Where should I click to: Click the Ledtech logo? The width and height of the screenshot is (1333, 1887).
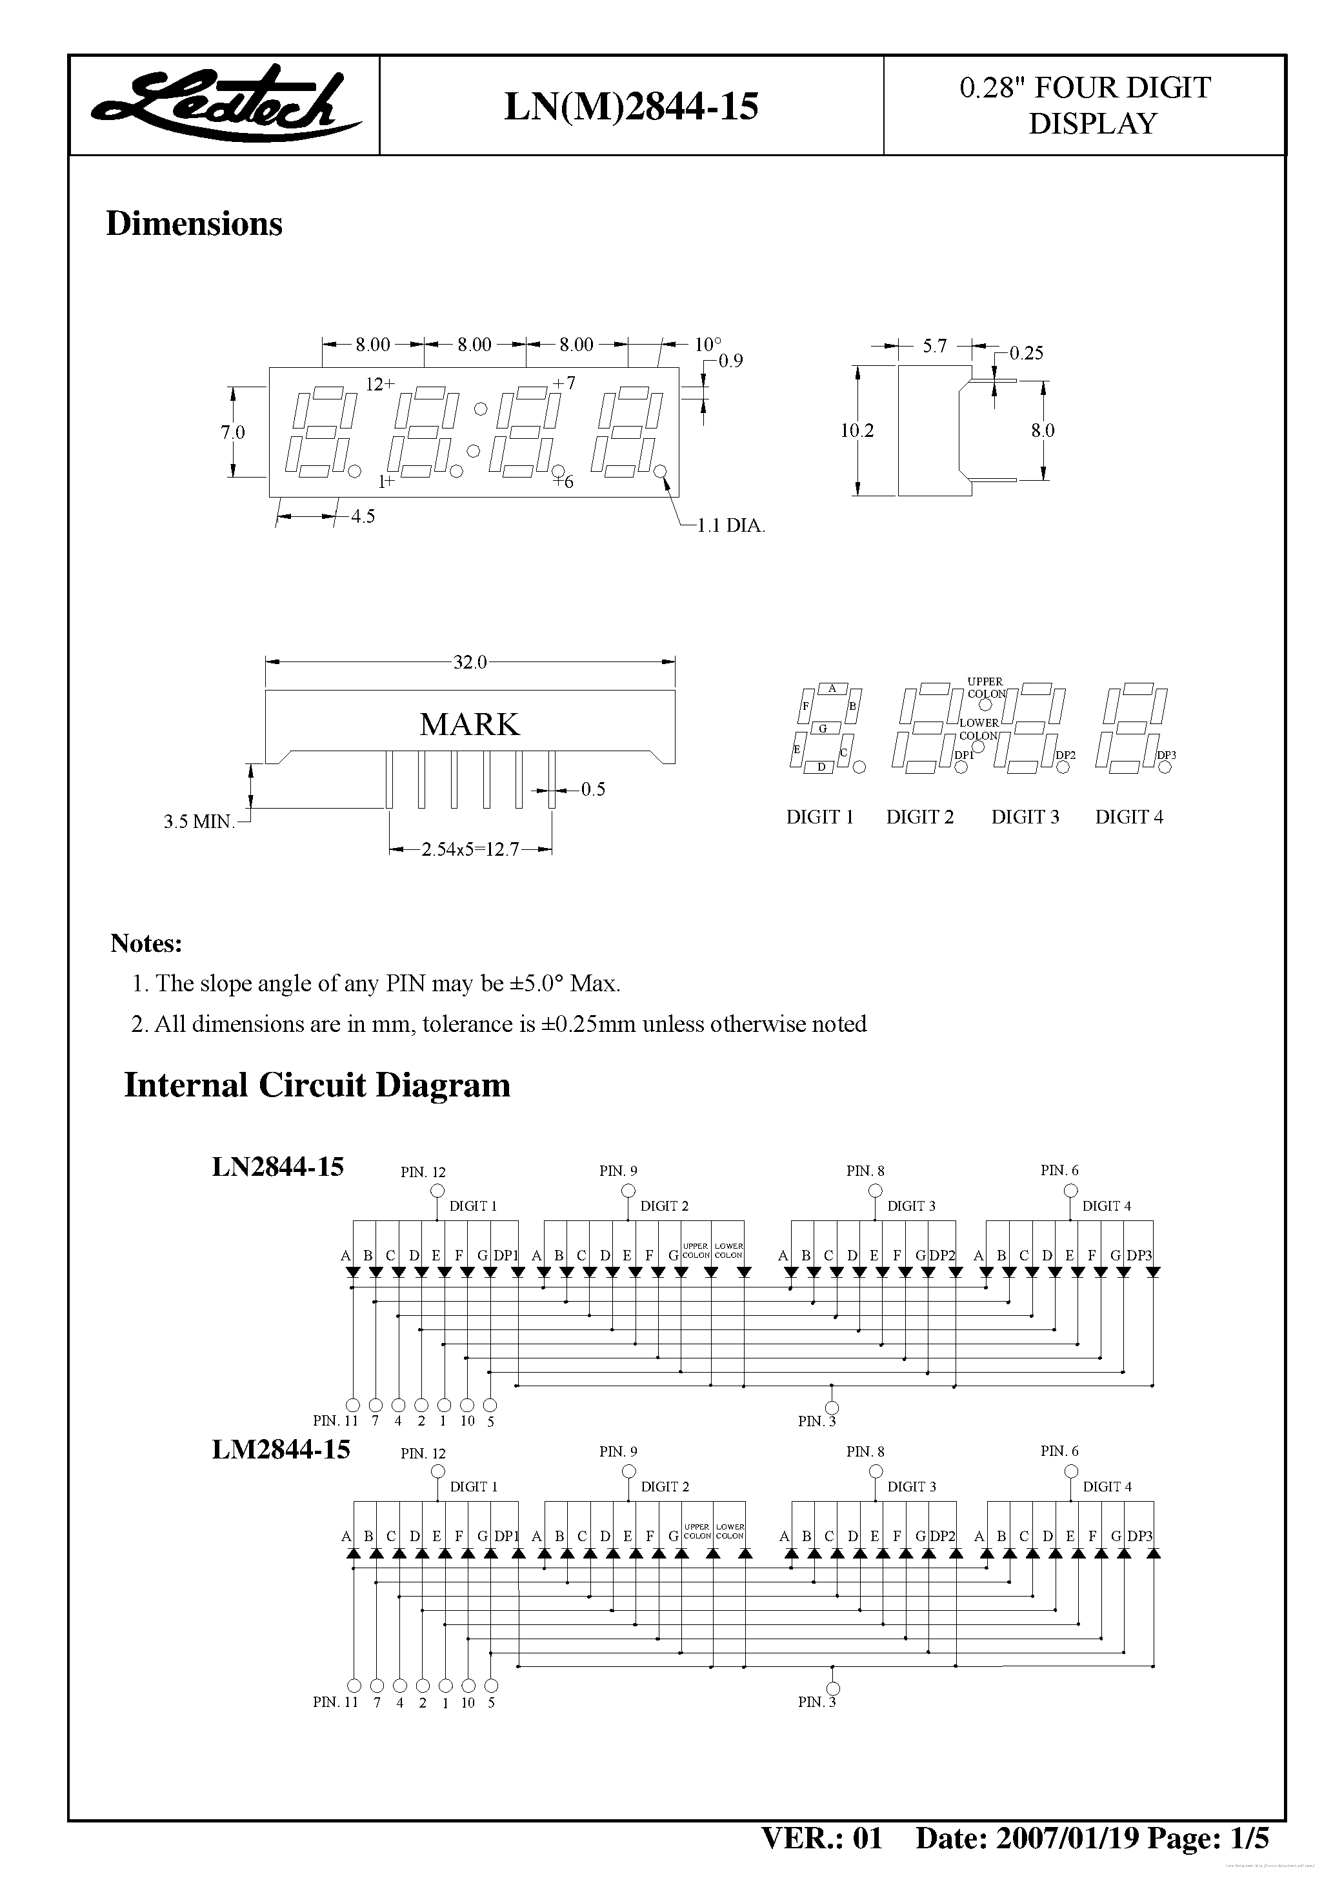click(x=223, y=105)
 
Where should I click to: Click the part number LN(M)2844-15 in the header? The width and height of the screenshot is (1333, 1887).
click(x=630, y=106)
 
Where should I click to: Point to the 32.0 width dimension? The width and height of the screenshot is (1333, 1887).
click(x=470, y=661)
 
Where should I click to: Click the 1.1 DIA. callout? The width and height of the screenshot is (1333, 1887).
click(x=730, y=525)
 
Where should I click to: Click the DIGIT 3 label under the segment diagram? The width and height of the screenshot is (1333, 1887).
click(x=1025, y=817)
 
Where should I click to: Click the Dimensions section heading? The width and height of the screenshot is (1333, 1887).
click(x=194, y=223)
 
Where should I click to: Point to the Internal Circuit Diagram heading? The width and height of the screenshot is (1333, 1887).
click(x=317, y=1085)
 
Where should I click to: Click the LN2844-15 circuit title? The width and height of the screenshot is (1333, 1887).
click(x=278, y=1166)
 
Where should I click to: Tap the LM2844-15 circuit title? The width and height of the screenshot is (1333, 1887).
click(x=280, y=1448)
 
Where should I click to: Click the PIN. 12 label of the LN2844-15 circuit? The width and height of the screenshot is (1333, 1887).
click(x=423, y=1172)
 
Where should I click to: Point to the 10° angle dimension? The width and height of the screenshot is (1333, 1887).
click(x=708, y=345)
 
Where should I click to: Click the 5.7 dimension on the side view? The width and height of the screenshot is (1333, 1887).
click(x=934, y=346)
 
